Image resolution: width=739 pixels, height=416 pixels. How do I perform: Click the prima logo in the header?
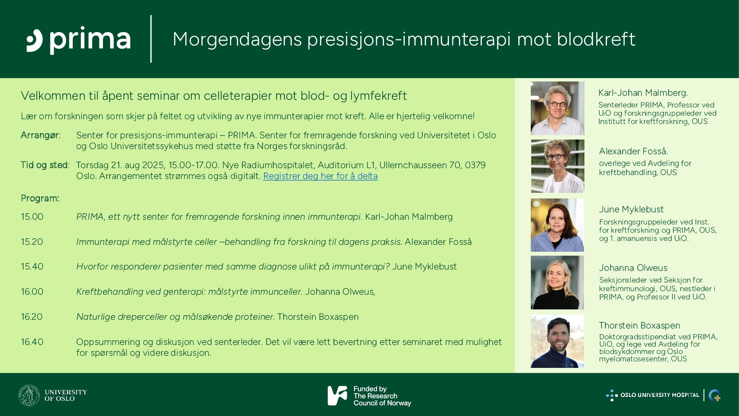point(78,40)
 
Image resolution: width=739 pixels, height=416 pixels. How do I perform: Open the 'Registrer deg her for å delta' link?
point(320,176)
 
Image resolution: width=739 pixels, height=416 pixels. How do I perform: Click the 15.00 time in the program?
point(32,217)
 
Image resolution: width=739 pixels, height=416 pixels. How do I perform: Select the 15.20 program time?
point(32,242)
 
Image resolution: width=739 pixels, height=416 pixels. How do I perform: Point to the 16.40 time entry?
point(32,342)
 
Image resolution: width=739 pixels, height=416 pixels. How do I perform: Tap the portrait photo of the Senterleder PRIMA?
point(558,108)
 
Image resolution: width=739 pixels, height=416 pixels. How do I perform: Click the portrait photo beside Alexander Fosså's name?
point(558,166)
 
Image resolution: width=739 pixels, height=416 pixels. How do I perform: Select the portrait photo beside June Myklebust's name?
point(558,225)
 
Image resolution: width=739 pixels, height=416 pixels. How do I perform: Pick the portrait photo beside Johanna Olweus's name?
point(558,283)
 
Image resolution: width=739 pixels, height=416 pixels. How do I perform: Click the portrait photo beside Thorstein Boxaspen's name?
point(558,341)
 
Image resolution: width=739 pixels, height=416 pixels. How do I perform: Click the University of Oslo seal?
point(29,395)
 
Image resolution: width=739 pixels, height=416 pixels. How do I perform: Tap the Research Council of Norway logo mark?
point(337,396)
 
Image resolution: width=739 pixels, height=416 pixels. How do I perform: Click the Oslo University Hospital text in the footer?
point(659,395)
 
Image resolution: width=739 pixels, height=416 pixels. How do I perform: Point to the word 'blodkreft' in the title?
point(596,39)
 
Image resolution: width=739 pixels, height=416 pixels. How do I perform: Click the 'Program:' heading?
point(40,198)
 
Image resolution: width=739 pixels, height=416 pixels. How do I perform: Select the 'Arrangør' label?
point(40,135)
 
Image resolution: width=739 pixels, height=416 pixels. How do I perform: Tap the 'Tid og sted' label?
point(45,165)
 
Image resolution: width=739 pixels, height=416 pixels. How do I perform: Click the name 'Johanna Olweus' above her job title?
point(633,268)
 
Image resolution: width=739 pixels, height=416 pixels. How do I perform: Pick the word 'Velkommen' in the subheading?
point(53,96)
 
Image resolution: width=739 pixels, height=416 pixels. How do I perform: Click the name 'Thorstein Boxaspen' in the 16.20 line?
point(318,317)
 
